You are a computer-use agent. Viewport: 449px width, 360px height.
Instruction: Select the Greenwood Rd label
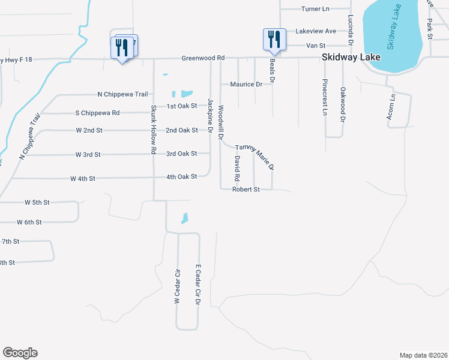click(203, 58)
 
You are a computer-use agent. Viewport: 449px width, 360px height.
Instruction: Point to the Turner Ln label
click(316, 9)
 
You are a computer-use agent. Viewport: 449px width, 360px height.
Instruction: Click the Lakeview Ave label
click(316, 31)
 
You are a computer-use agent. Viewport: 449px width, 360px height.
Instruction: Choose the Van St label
click(316, 45)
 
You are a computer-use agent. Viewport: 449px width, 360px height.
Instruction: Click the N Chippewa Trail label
click(122, 94)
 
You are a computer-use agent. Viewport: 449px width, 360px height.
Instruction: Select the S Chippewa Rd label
click(97, 113)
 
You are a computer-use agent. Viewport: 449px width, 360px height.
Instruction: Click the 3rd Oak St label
click(182, 154)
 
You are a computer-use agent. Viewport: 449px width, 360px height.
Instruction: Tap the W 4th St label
click(83, 179)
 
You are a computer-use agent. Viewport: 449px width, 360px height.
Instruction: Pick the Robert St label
click(246, 190)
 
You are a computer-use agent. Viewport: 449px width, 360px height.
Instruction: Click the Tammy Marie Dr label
click(255, 155)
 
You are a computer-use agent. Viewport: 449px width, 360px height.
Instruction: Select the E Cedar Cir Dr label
click(197, 284)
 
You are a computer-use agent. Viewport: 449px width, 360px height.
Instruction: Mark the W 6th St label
click(29, 222)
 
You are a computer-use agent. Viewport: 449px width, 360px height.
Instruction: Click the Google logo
click(20, 353)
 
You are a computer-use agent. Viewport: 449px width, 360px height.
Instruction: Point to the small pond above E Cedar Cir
click(185, 219)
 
